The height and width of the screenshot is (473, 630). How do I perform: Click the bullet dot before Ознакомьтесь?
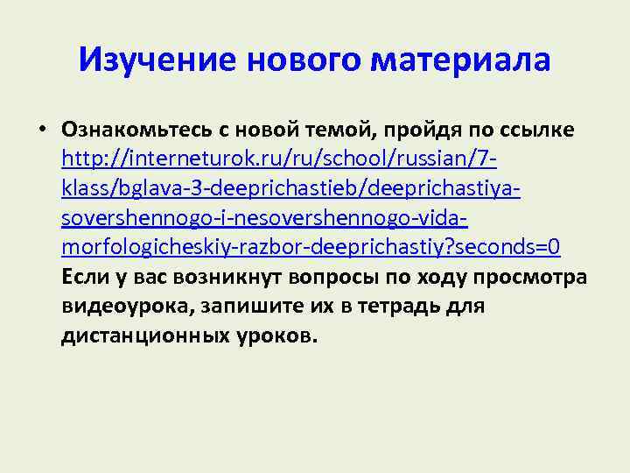tap(41, 130)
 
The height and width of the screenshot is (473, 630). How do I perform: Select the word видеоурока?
tap(128, 307)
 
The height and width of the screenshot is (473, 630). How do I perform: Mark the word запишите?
tap(245, 307)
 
